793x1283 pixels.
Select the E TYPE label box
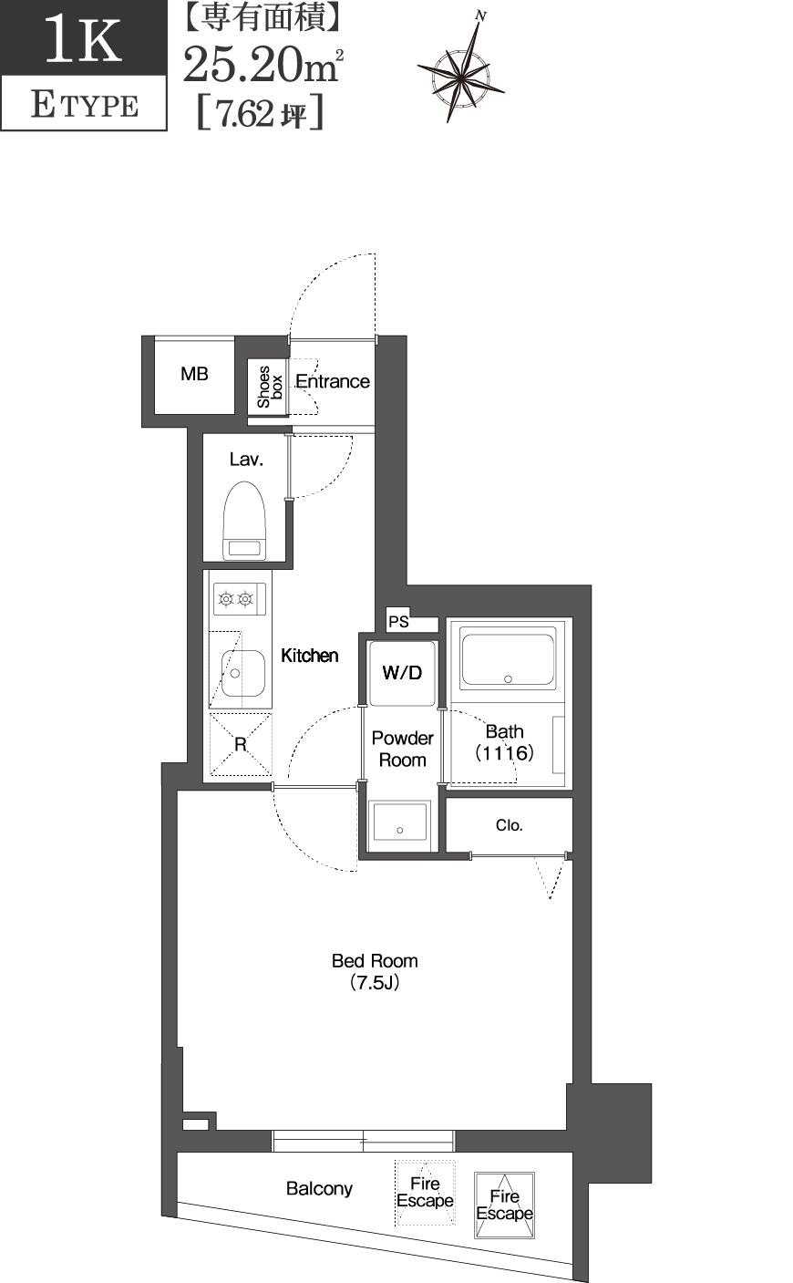click(84, 105)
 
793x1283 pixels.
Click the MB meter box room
click(194, 374)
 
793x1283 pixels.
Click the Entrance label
click(332, 381)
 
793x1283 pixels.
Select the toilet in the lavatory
click(243, 521)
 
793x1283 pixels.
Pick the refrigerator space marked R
click(241, 744)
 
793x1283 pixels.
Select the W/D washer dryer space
click(402, 673)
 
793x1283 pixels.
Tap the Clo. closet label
click(509, 825)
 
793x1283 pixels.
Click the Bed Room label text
click(375, 961)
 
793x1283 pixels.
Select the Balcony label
click(319, 1188)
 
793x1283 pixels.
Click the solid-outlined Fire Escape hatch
click(504, 1205)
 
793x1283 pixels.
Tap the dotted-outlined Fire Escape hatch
click(425, 1192)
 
